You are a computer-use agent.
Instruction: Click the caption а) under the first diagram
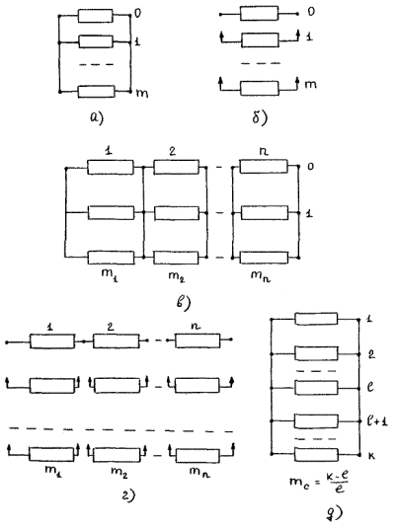tap(97, 118)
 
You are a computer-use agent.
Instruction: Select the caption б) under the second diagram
tap(260, 117)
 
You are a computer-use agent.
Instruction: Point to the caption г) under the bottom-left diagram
tap(128, 494)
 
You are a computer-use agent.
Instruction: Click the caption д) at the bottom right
tap(335, 513)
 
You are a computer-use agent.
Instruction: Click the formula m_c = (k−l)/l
tap(319, 482)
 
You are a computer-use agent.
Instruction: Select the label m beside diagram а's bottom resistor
tap(142, 93)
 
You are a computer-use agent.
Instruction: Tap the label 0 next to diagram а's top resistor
tap(137, 14)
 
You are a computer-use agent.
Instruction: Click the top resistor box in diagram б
tap(260, 14)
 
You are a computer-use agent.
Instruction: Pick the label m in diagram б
tap(310, 84)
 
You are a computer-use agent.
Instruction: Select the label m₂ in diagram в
tap(177, 276)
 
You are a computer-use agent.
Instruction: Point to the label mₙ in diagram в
tap(261, 276)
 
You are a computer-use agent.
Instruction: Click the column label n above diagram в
tap(264, 151)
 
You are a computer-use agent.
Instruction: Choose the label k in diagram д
tap(371, 456)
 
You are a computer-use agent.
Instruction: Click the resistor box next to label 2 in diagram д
tap(316, 353)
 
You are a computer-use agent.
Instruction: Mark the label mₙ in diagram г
tap(199, 472)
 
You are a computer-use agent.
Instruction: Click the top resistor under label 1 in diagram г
tap(52, 341)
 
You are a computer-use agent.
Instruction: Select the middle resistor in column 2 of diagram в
tap(176, 213)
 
